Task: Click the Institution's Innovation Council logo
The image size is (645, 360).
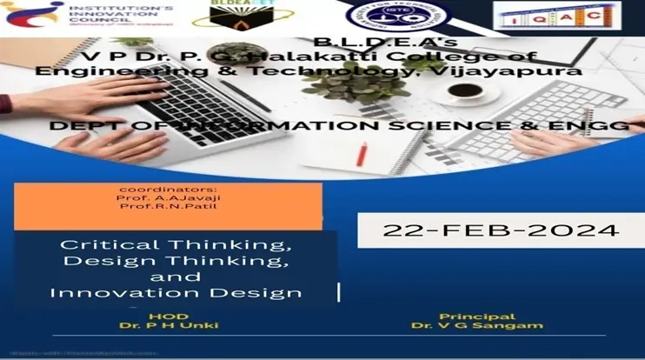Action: click(x=90, y=16)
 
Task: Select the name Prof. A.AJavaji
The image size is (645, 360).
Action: click(x=156, y=197)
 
